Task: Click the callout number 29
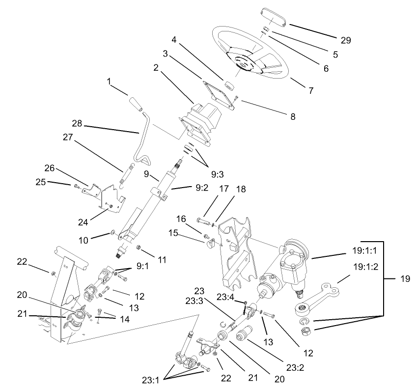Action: point(346,40)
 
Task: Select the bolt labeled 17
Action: point(203,221)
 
